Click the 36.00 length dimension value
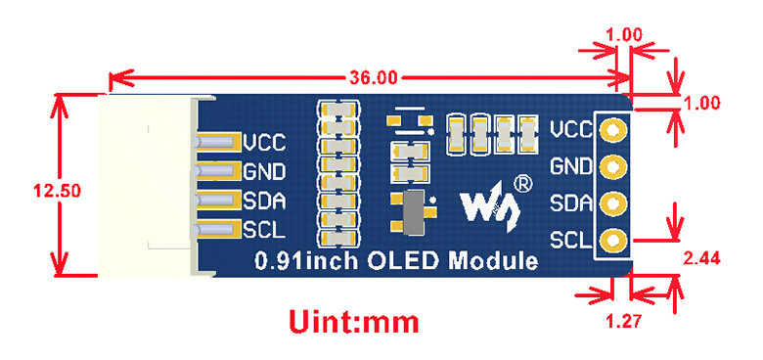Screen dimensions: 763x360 [x=374, y=77]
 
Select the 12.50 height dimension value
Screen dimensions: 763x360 [x=57, y=191]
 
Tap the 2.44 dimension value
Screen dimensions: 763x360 [x=701, y=259]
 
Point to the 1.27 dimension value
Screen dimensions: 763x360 [x=624, y=322]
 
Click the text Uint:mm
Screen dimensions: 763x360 [x=354, y=322]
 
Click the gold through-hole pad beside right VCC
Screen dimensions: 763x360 [x=612, y=130]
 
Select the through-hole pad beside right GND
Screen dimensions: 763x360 [x=612, y=167]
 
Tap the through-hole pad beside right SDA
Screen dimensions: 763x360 [x=612, y=203]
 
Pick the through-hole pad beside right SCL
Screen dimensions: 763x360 [x=612, y=241]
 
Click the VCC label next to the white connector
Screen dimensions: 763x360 [x=264, y=143]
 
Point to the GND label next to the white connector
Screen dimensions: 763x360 [x=264, y=172]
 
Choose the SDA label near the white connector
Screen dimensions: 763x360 [x=264, y=201]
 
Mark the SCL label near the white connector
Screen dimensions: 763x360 [x=263, y=230]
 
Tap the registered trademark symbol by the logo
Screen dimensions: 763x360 [x=523, y=184]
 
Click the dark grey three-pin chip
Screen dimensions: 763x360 [x=414, y=213]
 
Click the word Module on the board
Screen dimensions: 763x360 [x=493, y=262]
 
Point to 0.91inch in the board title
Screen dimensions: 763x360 [x=307, y=262]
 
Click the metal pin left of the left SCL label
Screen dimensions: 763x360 [x=217, y=229]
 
